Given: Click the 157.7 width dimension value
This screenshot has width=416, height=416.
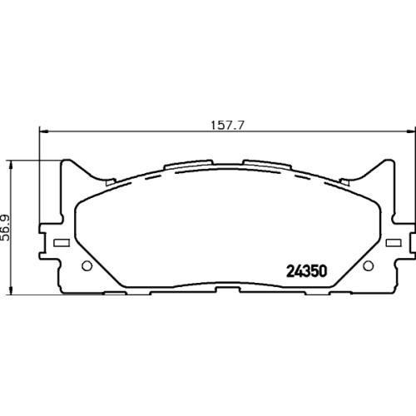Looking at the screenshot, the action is coord(227,126).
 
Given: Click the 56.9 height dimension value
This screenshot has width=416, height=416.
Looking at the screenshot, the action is coord(5,228).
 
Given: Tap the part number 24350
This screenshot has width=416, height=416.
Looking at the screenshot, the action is coord(307,271).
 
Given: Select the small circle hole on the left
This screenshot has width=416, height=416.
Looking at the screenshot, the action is coord(87,265).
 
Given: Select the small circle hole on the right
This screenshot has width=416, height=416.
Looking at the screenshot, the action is coord(368,265).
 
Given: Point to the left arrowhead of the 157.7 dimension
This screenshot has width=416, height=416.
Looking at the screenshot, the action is coord(44,131).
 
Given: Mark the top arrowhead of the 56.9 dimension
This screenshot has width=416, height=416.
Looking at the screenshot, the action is coord(11,166).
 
